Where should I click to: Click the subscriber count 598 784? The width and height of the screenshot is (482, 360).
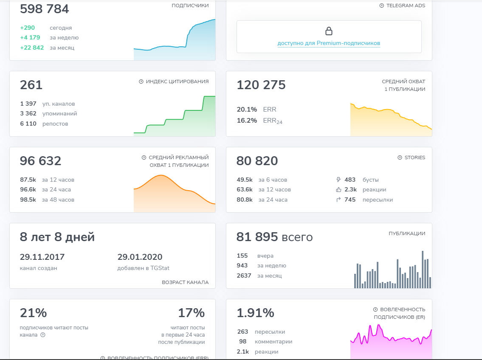coord(44,9)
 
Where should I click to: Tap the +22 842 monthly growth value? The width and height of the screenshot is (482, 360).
coord(32,48)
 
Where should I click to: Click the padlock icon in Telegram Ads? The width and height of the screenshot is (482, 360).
coord(329,31)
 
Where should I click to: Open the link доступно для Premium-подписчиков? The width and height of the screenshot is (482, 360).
coord(329,43)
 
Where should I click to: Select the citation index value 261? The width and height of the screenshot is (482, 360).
coord(31,85)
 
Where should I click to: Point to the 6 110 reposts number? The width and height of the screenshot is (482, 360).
coord(28,124)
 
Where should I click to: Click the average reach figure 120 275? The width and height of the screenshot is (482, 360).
coord(261,85)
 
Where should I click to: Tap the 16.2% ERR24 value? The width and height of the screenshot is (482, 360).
coord(247,121)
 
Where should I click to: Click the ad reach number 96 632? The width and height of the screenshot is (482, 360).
coord(40,161)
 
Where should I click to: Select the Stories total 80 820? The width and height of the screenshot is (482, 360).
coord(257,161)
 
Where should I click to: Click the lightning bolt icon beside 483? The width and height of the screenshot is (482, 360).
coord(338,180)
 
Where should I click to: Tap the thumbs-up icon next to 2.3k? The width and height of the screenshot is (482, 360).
coord(338,190)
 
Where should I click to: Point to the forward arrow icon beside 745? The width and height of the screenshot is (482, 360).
coord(338,200)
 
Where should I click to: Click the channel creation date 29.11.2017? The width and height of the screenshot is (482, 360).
coord(42,257)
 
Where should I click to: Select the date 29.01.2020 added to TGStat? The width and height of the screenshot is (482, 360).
coord(140,257)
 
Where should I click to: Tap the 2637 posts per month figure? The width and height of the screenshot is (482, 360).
coord(244,276)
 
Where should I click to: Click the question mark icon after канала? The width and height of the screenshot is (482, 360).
coord(42,335)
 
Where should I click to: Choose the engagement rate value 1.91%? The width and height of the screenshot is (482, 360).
coord(255,313)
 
